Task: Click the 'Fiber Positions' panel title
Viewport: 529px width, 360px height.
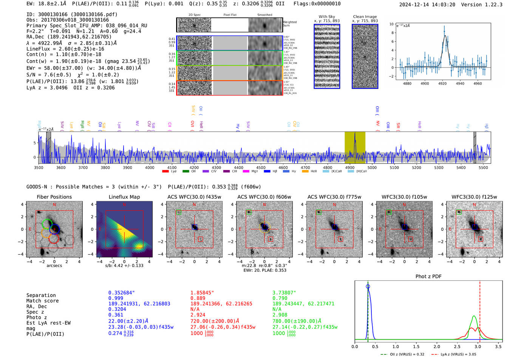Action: click(54, 197)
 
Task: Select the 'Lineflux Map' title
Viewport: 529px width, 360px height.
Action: click(124, 197)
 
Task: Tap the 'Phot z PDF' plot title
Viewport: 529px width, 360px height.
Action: click(428, 276)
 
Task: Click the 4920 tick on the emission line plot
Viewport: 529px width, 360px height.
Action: click(442, 83)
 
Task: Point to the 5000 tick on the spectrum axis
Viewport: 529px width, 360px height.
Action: click(372, 167)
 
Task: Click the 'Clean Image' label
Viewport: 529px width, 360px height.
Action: click(365, 17)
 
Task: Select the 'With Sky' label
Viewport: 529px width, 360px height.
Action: click(326, 17)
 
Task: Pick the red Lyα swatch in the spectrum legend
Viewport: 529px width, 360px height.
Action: click(165, 171)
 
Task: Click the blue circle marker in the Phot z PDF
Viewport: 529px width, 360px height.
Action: click(368, 286)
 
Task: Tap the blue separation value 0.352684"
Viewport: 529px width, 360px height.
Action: click(121, 293)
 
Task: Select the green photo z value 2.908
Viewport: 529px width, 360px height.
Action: click(280, 315)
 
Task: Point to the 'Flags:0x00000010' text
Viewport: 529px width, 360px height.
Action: click(317, 4)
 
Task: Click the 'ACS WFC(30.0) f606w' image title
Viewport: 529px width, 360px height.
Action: click(264, 197)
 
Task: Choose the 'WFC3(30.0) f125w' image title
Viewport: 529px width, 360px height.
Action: click(474, 197)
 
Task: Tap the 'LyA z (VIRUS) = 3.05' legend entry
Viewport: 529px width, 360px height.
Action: click(456, 354)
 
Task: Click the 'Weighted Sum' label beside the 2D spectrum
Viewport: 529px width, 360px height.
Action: click(289, 24)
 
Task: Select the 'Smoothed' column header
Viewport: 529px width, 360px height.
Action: click(264, 15)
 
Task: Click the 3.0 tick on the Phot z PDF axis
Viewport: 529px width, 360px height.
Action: click(478, 346)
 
